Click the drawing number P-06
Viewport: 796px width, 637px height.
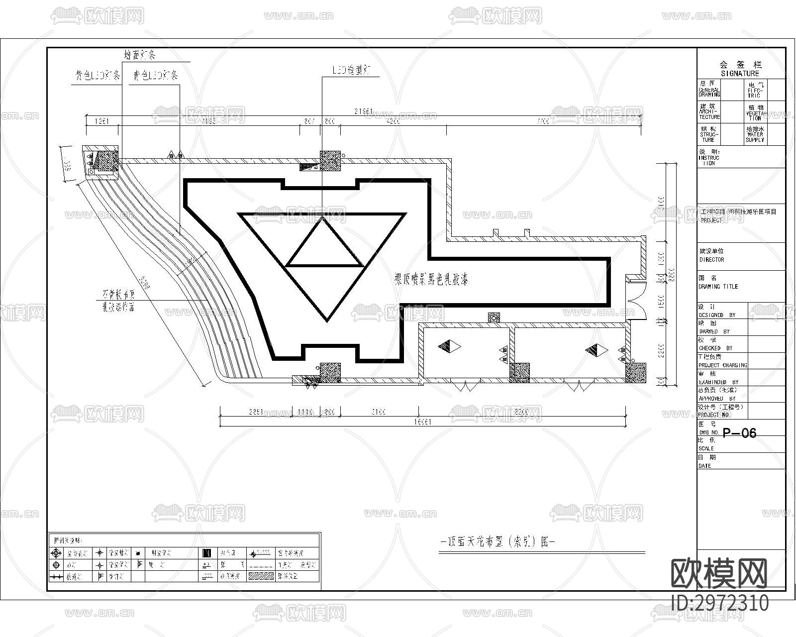739,433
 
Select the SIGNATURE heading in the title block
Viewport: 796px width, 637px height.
740,73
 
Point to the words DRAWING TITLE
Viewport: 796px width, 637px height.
718,287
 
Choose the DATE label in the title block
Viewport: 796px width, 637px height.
704,466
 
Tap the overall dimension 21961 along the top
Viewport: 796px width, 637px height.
364,111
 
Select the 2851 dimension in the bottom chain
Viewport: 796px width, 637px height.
256,412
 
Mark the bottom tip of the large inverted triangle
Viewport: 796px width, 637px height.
327,319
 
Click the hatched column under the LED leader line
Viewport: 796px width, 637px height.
330,161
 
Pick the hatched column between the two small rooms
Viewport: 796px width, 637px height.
519,372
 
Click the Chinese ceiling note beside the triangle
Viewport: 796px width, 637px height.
431,279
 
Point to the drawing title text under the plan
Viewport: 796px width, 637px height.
498,542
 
